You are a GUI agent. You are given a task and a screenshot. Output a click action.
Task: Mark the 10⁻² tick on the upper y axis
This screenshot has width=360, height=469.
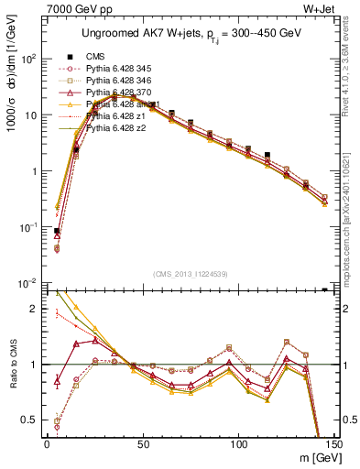tap(28, 283)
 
